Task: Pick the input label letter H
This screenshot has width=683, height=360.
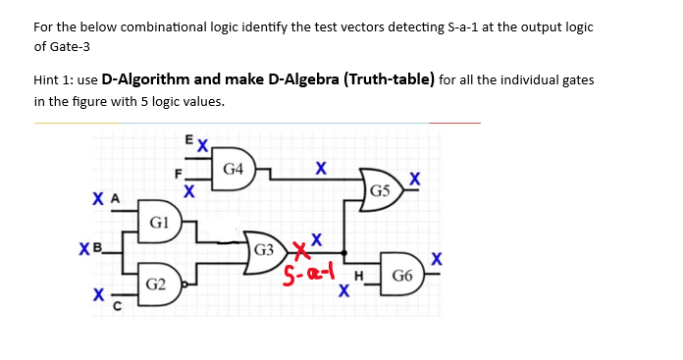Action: click(x=361, y=277)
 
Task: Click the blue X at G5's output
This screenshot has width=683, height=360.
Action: click(x=415, y=178)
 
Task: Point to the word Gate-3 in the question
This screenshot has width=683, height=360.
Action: click(x=56, y=46)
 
